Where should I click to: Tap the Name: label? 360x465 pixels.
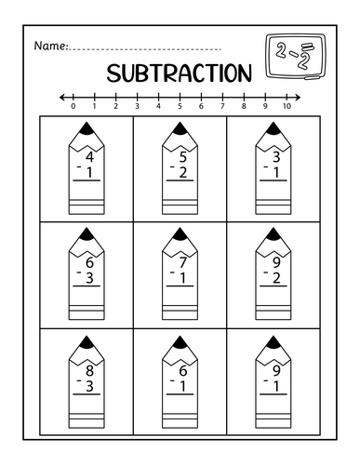(x=50, y=46)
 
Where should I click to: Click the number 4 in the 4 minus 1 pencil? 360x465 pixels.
(x=89, y=157)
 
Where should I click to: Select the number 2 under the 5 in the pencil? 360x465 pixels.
(x=182, y=172)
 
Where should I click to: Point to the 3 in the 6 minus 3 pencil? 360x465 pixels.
(x=89, y=278)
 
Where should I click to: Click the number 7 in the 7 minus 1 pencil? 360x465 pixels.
(x=182, y=263)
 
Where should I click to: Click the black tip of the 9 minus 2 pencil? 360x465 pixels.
(x=273, y=232)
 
